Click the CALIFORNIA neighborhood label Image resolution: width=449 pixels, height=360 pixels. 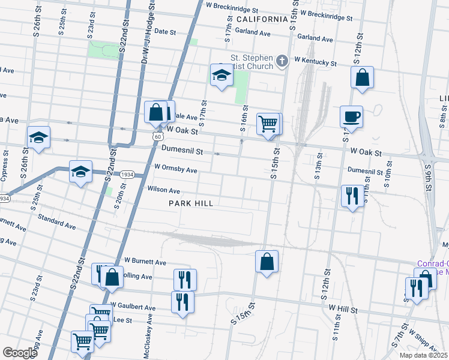coord(263,19)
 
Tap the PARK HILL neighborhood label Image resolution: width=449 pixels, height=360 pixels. coord(191,203)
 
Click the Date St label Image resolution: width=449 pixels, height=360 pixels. coord(164,31)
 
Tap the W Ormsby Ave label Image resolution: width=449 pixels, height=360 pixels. coord(175,170)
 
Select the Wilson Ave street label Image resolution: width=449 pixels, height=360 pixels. coord(163,190)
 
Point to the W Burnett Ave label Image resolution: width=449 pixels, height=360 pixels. coord(145,262)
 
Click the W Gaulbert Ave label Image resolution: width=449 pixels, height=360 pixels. coord(133,307)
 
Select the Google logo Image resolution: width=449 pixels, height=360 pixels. coord(20,352)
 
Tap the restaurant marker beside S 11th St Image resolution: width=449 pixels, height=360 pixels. coord(351,196)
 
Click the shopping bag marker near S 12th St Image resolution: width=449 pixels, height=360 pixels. coord(363,77)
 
